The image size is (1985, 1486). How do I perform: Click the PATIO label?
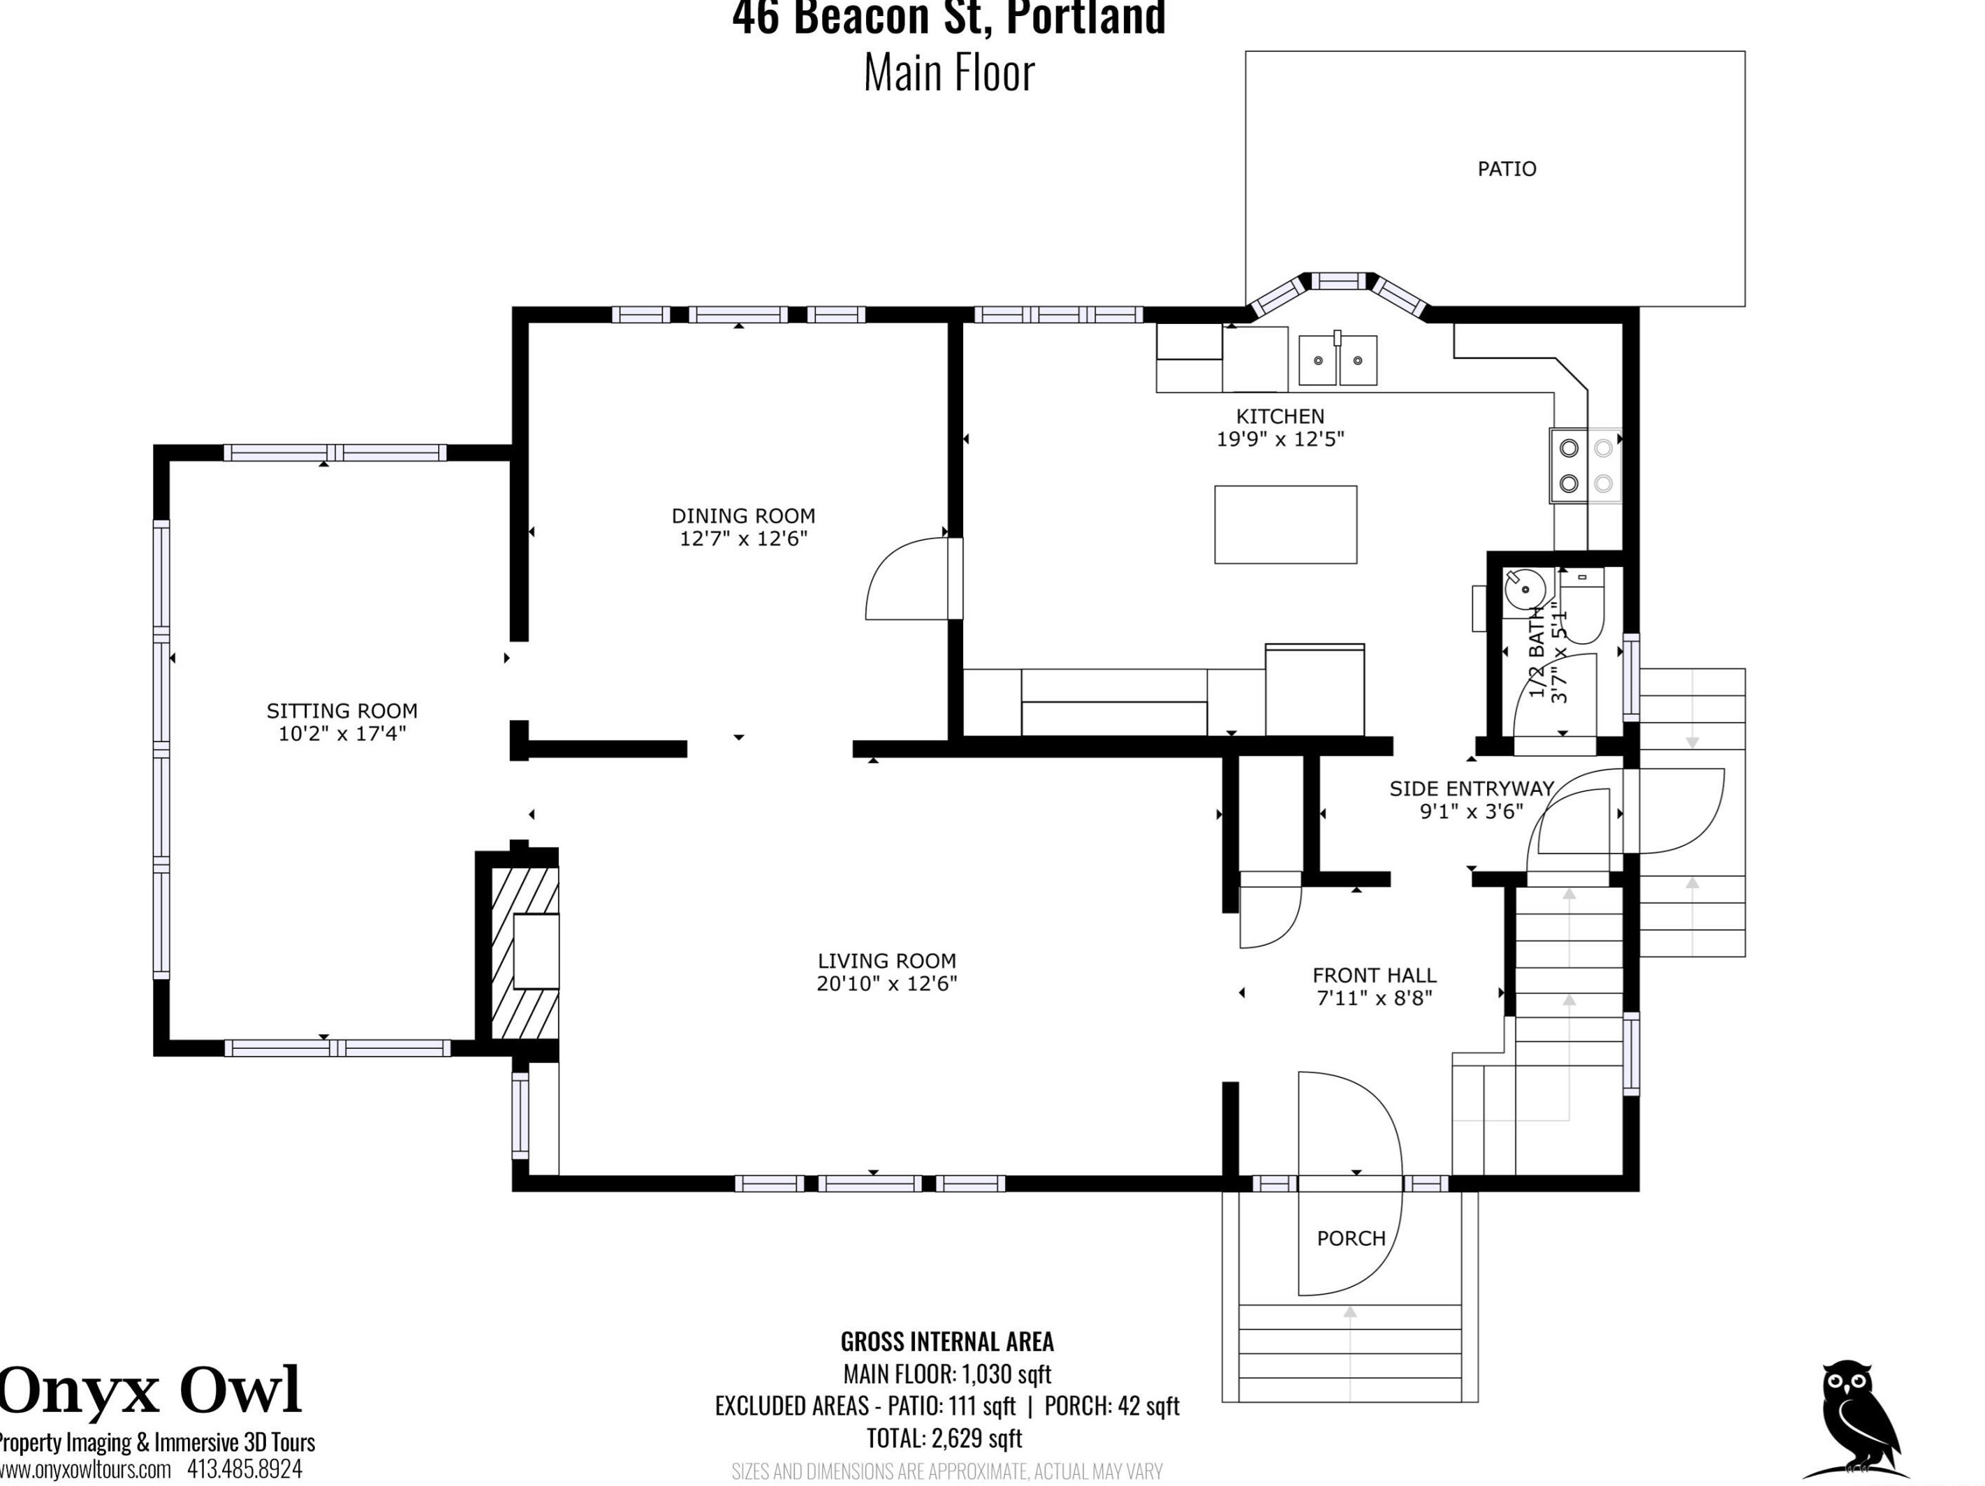point(1507,169)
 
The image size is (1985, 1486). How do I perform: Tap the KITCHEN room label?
point(1280,416)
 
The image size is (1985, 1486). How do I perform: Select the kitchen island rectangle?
point(1285,525)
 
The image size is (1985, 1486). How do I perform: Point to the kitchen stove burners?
point(1585,465)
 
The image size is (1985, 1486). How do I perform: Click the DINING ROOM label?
point(743,516)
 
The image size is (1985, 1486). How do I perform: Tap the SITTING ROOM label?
point(342,711)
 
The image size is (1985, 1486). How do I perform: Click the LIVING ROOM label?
point(886,960)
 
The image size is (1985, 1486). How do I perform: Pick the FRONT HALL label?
point(1374,975)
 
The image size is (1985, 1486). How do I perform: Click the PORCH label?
point(1351,1238)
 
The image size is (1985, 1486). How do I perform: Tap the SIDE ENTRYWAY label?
point(1472,789)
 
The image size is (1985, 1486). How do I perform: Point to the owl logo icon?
point(1856,1427)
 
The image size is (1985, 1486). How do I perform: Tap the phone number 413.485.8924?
point(244,1469)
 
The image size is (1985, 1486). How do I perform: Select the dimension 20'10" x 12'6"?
point(886,983)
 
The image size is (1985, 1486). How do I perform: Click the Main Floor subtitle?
point(948,73)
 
